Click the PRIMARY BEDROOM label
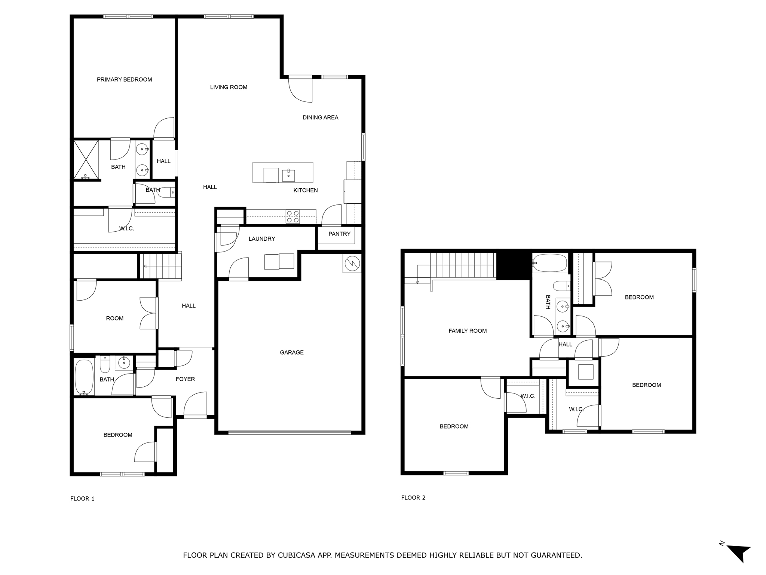click(x=124, y=79)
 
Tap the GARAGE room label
click(x=291, y=352)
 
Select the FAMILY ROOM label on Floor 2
click(x=467, y=331)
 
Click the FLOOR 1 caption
click(x=82, y=499)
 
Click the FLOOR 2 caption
click(x=413, y=498)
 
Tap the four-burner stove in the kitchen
click(x=292, y=217)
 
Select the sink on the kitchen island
click(x=288, y=175)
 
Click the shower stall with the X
click(x=86, y=159)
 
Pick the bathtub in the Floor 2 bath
click(x=550, y=263)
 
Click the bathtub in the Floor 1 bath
click(x=84, y=377)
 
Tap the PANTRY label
click(x=339, y=234)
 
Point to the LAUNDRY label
click(x=261, y=239)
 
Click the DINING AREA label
click(x=320, y=118)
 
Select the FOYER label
click(x=185, y=379)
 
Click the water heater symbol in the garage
click(x=352, y=264)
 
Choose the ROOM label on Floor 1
click(x=114, y=318)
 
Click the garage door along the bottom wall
click(x=289, y=433)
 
